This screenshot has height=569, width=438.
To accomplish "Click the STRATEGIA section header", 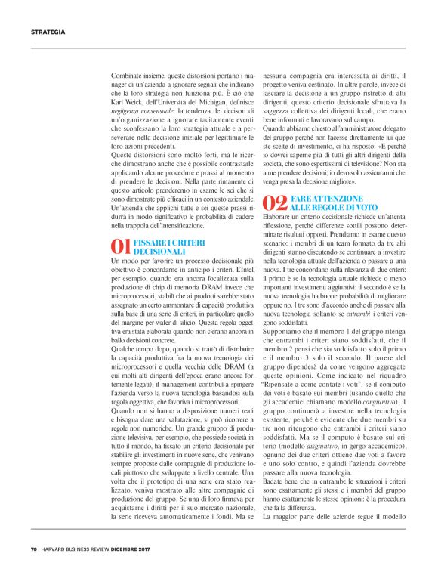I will pos(48,32).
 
